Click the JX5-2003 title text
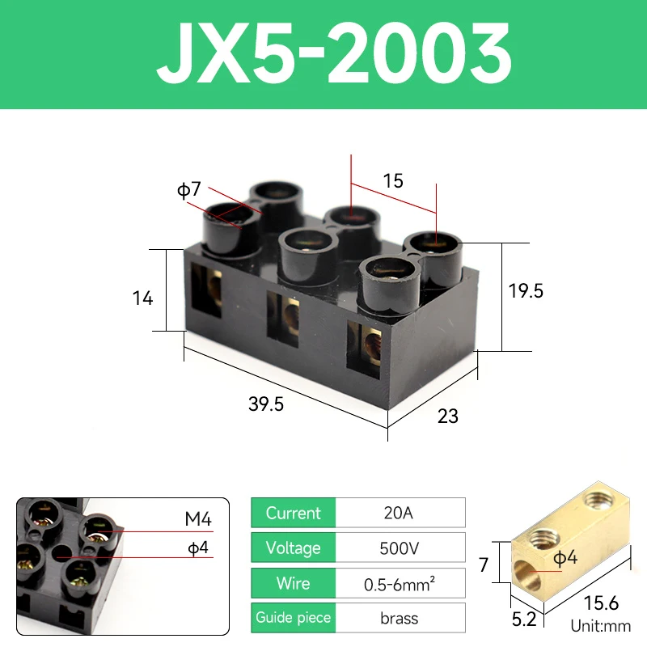click(334, 53)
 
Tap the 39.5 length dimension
click(266, 404)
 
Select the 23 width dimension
click(448, 416)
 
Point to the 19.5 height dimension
click(526, 291)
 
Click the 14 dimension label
click(143, 298)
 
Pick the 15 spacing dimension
click(393, 180)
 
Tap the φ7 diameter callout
click(189, 189)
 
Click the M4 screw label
click(198, 518)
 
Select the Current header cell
click(294, 513)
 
